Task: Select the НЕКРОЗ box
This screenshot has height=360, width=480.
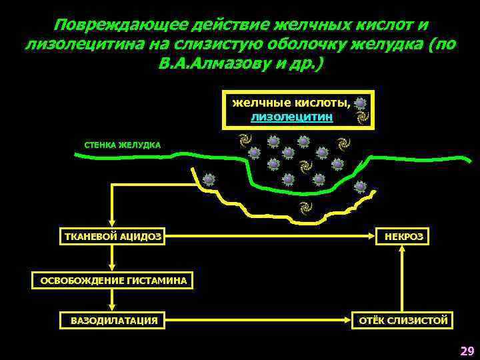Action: (x=403, y=236)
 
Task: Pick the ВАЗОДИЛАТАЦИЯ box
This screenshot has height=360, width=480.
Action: (x=114, y=321)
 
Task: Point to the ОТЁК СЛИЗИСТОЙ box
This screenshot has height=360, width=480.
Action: (x=403, y=321)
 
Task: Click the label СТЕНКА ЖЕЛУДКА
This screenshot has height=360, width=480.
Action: (x=122, y=145)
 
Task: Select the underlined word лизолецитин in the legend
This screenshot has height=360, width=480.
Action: (x=291, y=116)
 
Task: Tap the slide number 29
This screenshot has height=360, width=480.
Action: (x=467, y=351)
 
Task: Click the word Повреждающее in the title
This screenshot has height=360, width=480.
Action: (x=119, y=25)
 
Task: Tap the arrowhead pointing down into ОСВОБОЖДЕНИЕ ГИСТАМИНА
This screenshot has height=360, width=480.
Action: (x=113, y=268)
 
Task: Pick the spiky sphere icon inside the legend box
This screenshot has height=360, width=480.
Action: (x=361, y=103)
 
